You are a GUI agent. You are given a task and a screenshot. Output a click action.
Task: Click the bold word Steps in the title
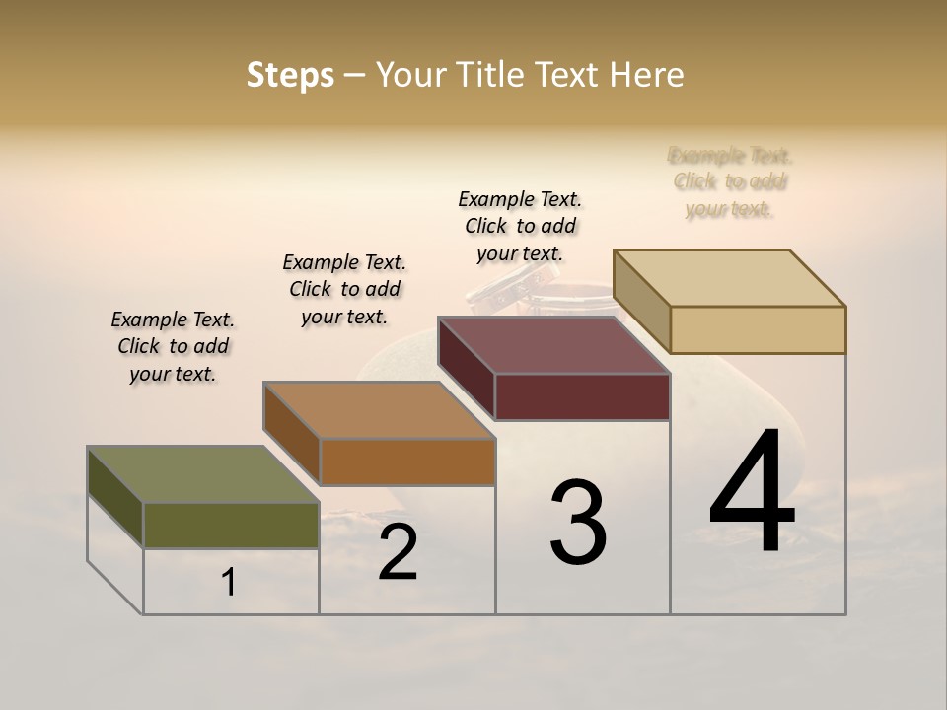pos(290,75)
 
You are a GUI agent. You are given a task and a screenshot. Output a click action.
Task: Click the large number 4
pos(753,493)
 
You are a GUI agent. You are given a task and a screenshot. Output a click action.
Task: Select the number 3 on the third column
pos(578,523)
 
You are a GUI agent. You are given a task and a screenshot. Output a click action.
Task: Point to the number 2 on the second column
pos(398,552)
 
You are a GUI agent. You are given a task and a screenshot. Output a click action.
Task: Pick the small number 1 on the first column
pos(229,583)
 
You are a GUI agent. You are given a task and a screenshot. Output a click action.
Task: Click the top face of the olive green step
pos(202,474)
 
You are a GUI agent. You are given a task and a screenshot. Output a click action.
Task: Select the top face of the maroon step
pos(553,346)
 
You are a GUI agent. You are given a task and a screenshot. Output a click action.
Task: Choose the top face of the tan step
pos(729,278)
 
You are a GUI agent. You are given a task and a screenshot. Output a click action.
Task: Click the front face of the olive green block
pos(231,526)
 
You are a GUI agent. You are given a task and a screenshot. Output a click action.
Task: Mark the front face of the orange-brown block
pos(407,461)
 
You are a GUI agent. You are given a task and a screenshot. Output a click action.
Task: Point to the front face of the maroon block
pos(582,396)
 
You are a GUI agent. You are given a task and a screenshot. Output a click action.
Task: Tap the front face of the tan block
pos(758,329)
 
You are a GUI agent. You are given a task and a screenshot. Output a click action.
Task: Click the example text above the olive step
pos(173,346)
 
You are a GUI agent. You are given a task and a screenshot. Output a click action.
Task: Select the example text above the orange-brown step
pos(344,289)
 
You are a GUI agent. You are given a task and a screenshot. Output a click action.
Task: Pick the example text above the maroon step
pos(520,226)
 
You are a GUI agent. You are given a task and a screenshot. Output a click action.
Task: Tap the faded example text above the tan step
pos(730,181)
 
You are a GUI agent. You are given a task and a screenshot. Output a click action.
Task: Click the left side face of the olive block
pos(115,496)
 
